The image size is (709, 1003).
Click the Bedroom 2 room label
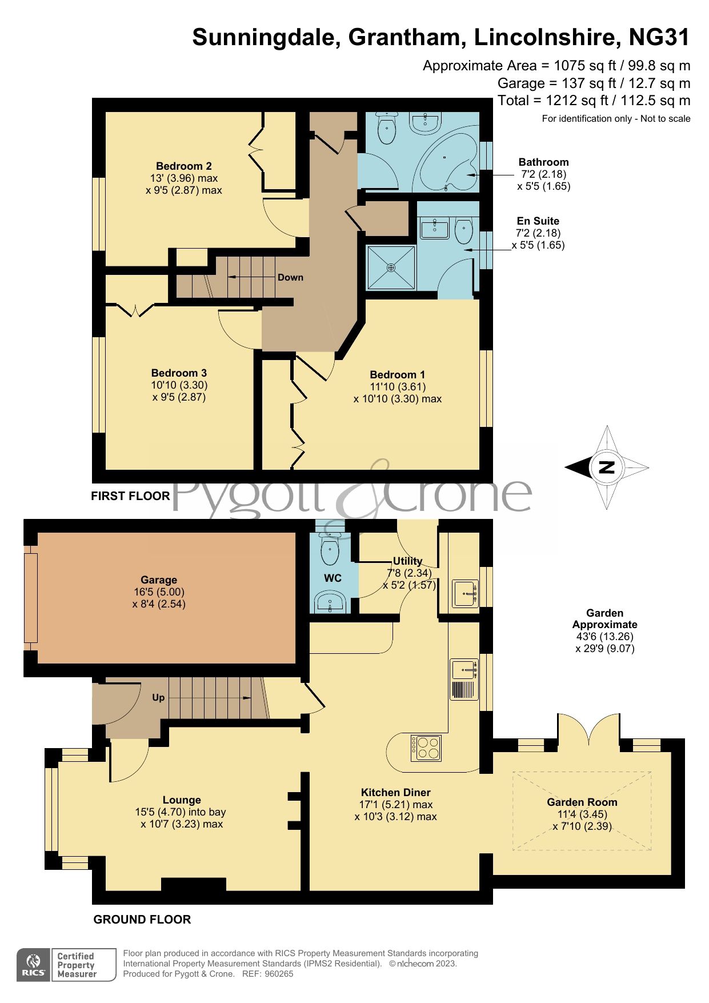tap(183, 166)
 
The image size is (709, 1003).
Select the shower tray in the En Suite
tap(391, 267)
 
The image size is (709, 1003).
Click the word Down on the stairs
tap(290, 277)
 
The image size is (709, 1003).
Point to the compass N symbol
tap(606, 467)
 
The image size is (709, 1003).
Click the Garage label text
tap(159, 580)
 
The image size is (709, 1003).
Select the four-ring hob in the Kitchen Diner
tap(426, 747)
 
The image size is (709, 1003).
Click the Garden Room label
tap(582, 802)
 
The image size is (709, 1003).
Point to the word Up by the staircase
tap(158, 697)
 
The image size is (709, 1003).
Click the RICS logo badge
tap(34, 965)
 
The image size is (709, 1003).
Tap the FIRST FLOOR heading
tap(130, 496)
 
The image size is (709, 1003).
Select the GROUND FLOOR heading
tap(142, 920)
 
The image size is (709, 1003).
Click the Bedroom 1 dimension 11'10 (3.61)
tap(397, 387)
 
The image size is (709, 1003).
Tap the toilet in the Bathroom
tap(387, 129)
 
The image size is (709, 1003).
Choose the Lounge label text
tap(182, 800)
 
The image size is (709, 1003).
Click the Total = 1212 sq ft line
tap(594, 101)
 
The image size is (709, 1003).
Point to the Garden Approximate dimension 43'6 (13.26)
tap(604, 637)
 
